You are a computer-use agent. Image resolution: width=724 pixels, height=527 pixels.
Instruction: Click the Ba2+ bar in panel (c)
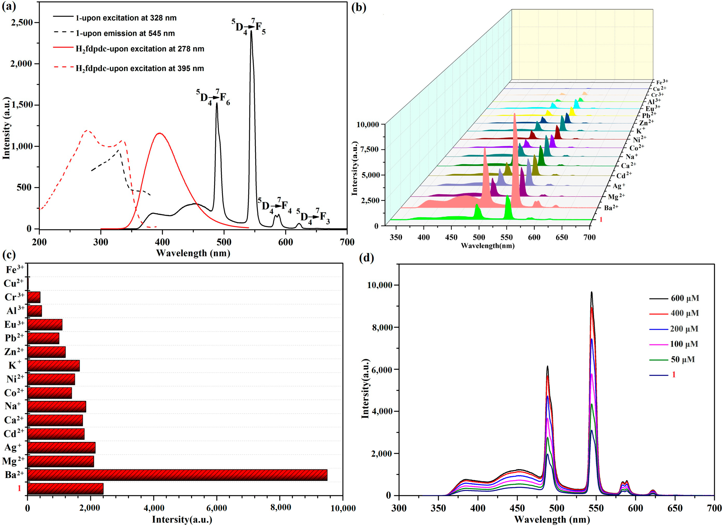click(177, 475)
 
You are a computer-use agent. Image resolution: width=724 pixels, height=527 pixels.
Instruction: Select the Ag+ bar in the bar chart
click(61, 448)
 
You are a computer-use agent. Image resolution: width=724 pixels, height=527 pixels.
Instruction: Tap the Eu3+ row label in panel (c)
click(14, 324)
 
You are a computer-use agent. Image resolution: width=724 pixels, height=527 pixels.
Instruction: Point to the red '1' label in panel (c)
click(19, 488)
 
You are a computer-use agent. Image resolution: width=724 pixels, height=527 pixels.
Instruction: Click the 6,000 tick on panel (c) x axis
click(217, 508)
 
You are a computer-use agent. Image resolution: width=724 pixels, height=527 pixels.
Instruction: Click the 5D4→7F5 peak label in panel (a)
click(248, 27)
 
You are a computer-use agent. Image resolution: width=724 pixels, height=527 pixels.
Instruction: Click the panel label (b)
click(359, 7)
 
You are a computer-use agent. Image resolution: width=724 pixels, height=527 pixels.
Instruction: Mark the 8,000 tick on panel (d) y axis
click(380, 327)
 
